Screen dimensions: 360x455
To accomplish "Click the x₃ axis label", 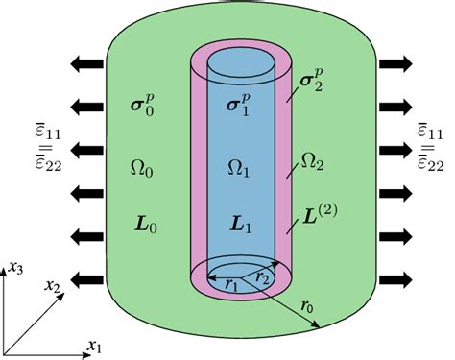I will (17, 271).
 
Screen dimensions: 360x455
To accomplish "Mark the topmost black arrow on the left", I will (87, 64).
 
